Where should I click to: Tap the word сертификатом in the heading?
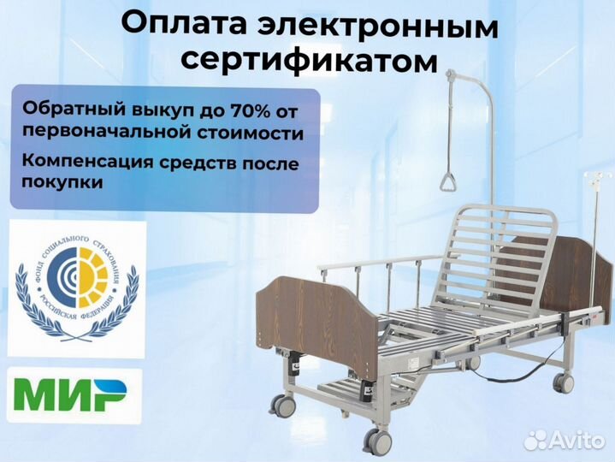pyautogui.click(x=308, y=60)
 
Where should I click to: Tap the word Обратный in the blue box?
pyautogui.click(x=64, y=110)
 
